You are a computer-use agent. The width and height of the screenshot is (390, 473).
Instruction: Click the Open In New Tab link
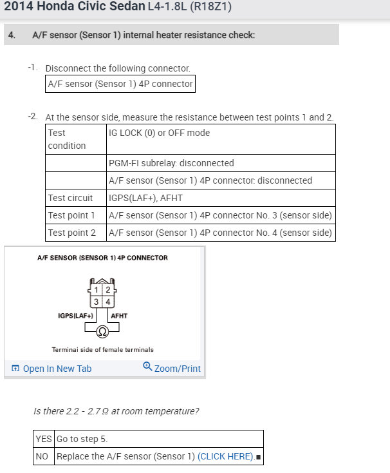pos(51,369)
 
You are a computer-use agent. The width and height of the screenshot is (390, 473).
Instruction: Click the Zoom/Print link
pos(172,369)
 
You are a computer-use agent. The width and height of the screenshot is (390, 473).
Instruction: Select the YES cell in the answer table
pos(44,439)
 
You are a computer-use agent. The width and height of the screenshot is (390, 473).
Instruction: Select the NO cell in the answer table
pos(44,457)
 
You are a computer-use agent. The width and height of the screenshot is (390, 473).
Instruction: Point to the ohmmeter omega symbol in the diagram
pos(102,331)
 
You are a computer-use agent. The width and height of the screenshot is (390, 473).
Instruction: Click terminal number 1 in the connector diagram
pos(97,290)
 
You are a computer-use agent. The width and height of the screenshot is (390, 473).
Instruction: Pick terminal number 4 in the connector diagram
pos(107,302)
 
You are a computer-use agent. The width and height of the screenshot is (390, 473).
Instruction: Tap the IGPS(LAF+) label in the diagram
pos(76,316)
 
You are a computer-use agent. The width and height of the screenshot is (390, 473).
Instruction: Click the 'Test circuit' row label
pos(70,198)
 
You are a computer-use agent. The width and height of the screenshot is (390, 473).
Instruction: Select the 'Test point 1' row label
pos(71,215)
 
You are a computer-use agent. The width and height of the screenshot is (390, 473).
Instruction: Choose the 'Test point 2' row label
pos(71,233)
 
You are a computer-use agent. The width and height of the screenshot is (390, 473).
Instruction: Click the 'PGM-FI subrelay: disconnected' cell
pos(172,163)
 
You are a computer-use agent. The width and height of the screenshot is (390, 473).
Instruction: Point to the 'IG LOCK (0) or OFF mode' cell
pos(160,133)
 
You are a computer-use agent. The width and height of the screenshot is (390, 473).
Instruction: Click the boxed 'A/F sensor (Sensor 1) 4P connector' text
pos(120,84)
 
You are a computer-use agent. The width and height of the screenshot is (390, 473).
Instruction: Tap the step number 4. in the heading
pos(12,35)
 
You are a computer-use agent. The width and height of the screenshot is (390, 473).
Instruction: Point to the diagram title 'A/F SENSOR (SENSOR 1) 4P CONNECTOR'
pos(102,258)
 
